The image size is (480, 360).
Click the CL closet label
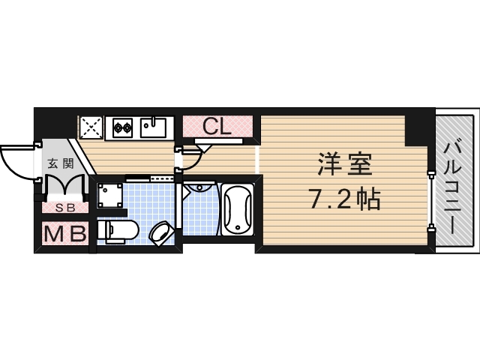tap(217, 125)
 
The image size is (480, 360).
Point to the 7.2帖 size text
tap(344, 199)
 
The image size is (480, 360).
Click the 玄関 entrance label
tap(61, 163)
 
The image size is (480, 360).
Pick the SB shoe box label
tap(61, 208)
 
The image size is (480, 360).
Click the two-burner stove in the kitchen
tap(123, 127)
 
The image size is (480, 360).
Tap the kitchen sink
tap(154, 127)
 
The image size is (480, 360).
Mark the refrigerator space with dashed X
tap(91, 127)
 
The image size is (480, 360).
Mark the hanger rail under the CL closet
tap(217, 140)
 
